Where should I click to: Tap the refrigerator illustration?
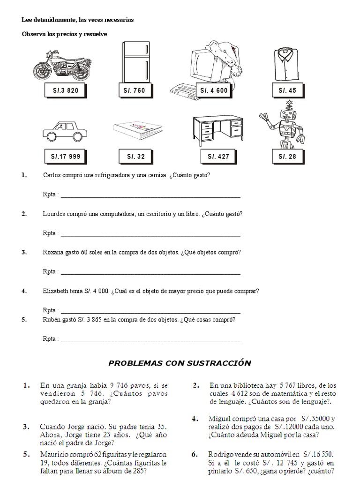point(136,61)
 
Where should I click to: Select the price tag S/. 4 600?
point(214,90)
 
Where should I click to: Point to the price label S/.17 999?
point(65,157)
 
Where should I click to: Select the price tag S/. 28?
point(287,157)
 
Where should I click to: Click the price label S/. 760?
point(135,90)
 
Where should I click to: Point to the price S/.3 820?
point(65,90)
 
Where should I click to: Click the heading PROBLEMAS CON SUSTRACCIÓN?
point(180,363)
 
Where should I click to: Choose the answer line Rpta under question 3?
point(150,272)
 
